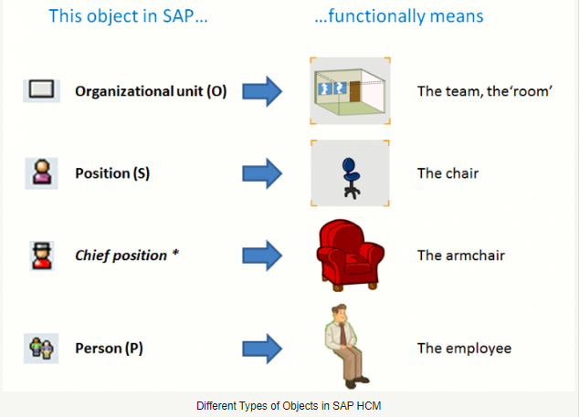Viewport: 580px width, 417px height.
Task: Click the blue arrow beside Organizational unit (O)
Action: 262,91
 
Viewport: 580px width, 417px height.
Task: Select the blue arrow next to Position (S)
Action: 262,173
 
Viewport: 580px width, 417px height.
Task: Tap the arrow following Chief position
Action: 262,255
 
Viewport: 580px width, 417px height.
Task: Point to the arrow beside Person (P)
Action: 262,349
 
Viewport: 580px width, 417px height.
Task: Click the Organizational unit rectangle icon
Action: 41,89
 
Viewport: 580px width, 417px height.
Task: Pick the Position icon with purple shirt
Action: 42,172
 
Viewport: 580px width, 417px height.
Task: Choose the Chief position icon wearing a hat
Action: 42,255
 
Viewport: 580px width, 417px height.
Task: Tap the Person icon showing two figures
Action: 41,349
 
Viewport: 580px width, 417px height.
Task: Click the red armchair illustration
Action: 351,255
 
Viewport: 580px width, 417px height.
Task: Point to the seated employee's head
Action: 339,314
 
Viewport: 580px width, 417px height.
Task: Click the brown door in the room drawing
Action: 354,91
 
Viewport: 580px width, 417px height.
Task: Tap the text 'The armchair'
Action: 461,255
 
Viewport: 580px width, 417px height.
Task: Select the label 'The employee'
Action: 464,349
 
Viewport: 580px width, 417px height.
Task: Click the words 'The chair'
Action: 448,173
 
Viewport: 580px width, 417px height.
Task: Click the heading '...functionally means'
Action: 399,16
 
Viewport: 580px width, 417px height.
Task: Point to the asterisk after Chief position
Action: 175,254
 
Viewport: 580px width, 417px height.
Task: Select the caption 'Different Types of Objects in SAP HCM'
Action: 289,406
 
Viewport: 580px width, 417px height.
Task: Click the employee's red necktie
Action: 343,334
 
